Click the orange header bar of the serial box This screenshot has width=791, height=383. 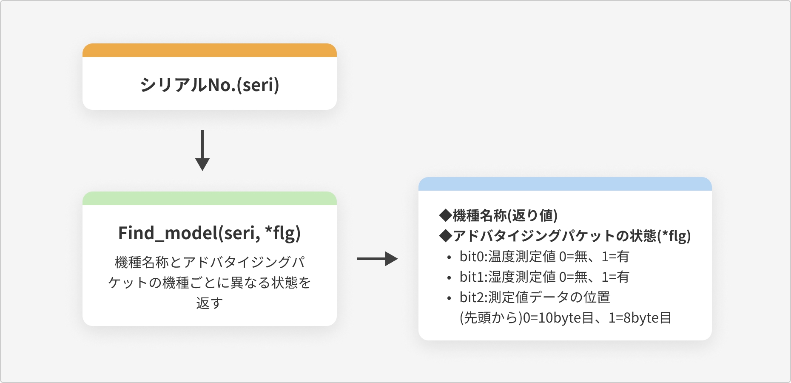pyautogui.click(x=210, y=50)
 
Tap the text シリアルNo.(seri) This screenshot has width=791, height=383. pyautogui.click(x=210, y=85)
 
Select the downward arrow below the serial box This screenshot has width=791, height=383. pyautogui.click(x=202, y=150)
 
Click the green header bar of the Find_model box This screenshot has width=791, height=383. pyautogui.click(x=210, y=198)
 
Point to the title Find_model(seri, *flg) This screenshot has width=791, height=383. pyautogui.click(x=210, y=233)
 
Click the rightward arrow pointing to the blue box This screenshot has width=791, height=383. pyautogui.click(x=377, y=259)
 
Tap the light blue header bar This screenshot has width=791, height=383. pyautogui.click(x=565, y=184)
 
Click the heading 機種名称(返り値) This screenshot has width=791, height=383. pyautogui.click(x=498, y=215)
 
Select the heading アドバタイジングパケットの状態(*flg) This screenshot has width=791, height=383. pyautogui.click(x=565, y=236)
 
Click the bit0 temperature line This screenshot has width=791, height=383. pyautogui.click(x=544, y=257)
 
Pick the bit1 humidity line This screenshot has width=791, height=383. pyautogui.click(x=544, y=277)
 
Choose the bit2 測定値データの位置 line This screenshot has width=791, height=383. pyautogui.click(x=535, y=297)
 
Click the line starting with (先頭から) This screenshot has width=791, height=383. pyautogui.click(x=566, y=318)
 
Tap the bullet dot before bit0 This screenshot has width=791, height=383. pyautogui.click(x=449, y=257)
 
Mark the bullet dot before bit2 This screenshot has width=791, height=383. pyautogui.click(x=449, y=298)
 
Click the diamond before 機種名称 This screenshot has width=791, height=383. pyautogui.click(x=446, y=215)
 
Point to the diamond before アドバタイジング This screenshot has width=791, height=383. pyautogui.click(x=446, y=236)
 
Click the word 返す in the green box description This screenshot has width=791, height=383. pyautogui.click(x=210, y=303)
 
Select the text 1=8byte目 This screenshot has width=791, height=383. pyautogui.click(x=640, y=318)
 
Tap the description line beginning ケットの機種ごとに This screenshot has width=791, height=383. pyautogui.click(x=210, y=283)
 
